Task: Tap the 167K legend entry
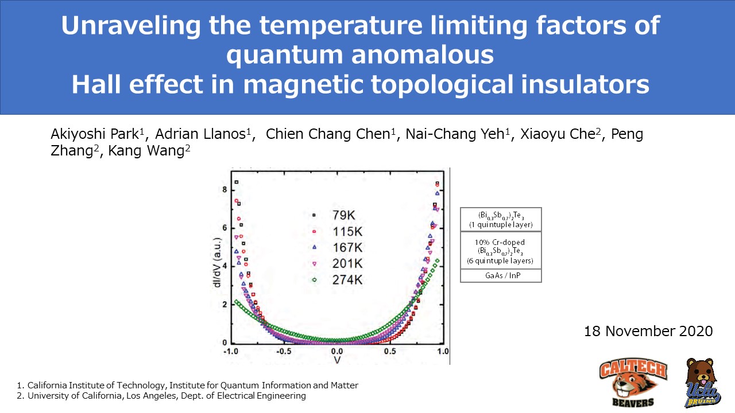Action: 341,248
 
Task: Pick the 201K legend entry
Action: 341,264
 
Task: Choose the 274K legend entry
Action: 341,280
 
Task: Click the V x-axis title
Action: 337,360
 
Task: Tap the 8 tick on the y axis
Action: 225,190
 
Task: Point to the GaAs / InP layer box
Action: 501,276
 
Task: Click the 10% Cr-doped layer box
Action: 501,251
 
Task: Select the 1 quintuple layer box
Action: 501,220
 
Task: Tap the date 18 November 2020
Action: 648,331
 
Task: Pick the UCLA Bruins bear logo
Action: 703,383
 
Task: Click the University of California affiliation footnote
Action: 161,396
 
